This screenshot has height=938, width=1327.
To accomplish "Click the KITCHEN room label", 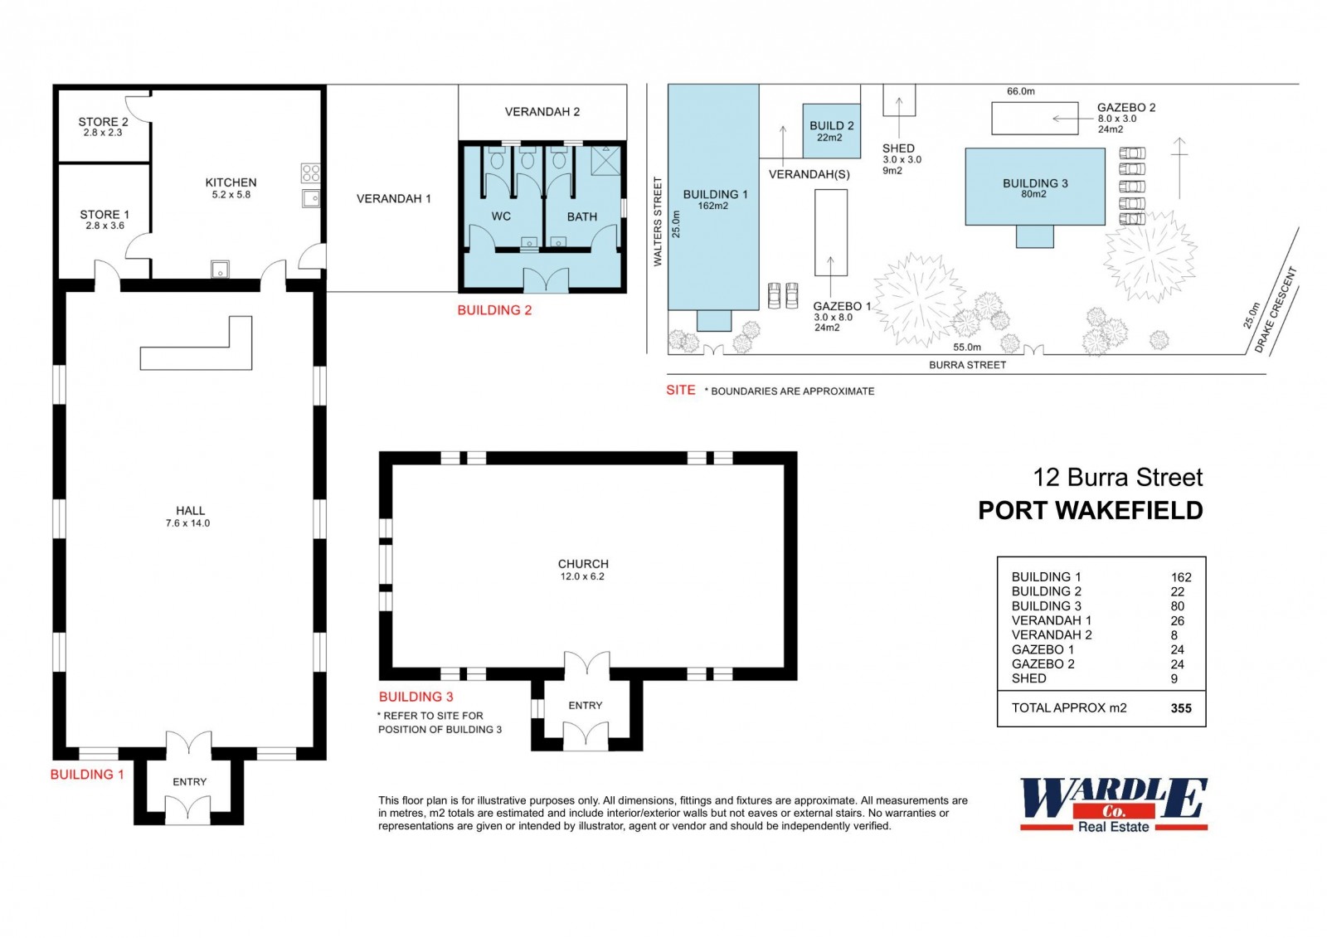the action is click(x=231, y=182).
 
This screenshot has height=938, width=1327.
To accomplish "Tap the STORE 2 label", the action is click(x=103, y=122).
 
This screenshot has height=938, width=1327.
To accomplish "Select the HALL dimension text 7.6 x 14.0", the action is click(x=187, y=523).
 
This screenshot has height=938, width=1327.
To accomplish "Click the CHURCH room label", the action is click(x=583, y=564).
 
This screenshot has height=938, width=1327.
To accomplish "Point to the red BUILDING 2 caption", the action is click(x=494, y=310).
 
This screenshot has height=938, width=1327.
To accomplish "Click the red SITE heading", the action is click(x=681, y=390).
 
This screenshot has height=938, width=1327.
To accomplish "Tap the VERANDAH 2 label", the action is click(x=542, y=111).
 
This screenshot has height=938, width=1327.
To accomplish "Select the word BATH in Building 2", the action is click(x=581, y=216).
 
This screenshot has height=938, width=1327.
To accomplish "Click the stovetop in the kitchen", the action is click(x=311, y=173).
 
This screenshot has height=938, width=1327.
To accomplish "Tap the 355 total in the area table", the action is click(x=1181, y=708).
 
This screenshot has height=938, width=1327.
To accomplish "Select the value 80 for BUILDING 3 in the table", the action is click(x=1177, y=606).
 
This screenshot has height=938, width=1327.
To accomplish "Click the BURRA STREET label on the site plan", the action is click(x=967, y=365).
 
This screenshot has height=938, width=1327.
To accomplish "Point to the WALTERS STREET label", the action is click(x=658, y=221).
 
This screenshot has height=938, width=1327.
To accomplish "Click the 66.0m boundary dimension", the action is click(x=1021, y=91).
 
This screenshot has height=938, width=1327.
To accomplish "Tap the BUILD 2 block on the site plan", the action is click(x=831, y=131).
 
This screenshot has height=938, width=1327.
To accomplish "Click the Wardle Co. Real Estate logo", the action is click(x=1114, y=804).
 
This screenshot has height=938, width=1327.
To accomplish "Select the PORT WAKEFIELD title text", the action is click(x=1090, y=511).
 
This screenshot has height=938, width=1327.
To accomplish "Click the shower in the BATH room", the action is click(x=605, y=161).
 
